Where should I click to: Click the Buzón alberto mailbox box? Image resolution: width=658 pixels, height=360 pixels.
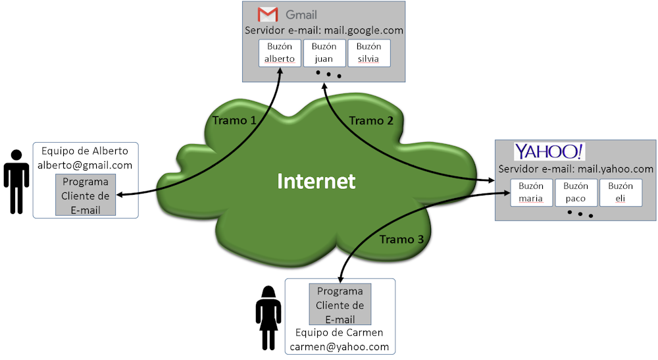pos(280,53)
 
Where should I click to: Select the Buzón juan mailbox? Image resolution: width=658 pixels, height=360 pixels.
pos(324,53)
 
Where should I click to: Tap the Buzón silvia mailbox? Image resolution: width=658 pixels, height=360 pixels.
pos(368,53)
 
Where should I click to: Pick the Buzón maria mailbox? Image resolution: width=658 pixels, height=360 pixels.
pos(531,192)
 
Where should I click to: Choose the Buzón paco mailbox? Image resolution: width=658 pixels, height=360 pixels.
pos(576,192)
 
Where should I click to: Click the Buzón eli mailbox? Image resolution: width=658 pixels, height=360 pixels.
pos(620,192)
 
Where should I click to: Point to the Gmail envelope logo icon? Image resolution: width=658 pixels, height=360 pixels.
pos(267,14)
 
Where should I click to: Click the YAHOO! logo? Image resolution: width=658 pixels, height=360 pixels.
pos(549,152)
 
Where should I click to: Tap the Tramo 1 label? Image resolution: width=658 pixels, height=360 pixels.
pos(234,120)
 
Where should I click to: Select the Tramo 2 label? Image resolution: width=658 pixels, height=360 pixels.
pos(371,120)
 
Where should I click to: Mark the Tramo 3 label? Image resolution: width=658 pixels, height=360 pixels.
pos(401,240)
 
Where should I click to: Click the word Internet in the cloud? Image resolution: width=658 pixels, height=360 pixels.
pos(316,181)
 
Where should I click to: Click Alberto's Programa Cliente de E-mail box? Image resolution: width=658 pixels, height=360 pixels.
pos(86,195)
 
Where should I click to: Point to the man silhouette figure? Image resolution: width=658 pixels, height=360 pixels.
pos(16,182)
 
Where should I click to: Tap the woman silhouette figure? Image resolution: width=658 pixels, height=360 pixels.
pos(268,318)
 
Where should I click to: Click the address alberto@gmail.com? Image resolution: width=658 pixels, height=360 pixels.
pos(86,165)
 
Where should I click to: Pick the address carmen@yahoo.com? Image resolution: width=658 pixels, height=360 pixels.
pos(340,346)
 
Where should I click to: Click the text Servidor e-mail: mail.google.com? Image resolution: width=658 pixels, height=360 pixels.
pos(324,30)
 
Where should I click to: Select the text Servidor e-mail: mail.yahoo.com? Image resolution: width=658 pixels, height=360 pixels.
pos(576,169)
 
